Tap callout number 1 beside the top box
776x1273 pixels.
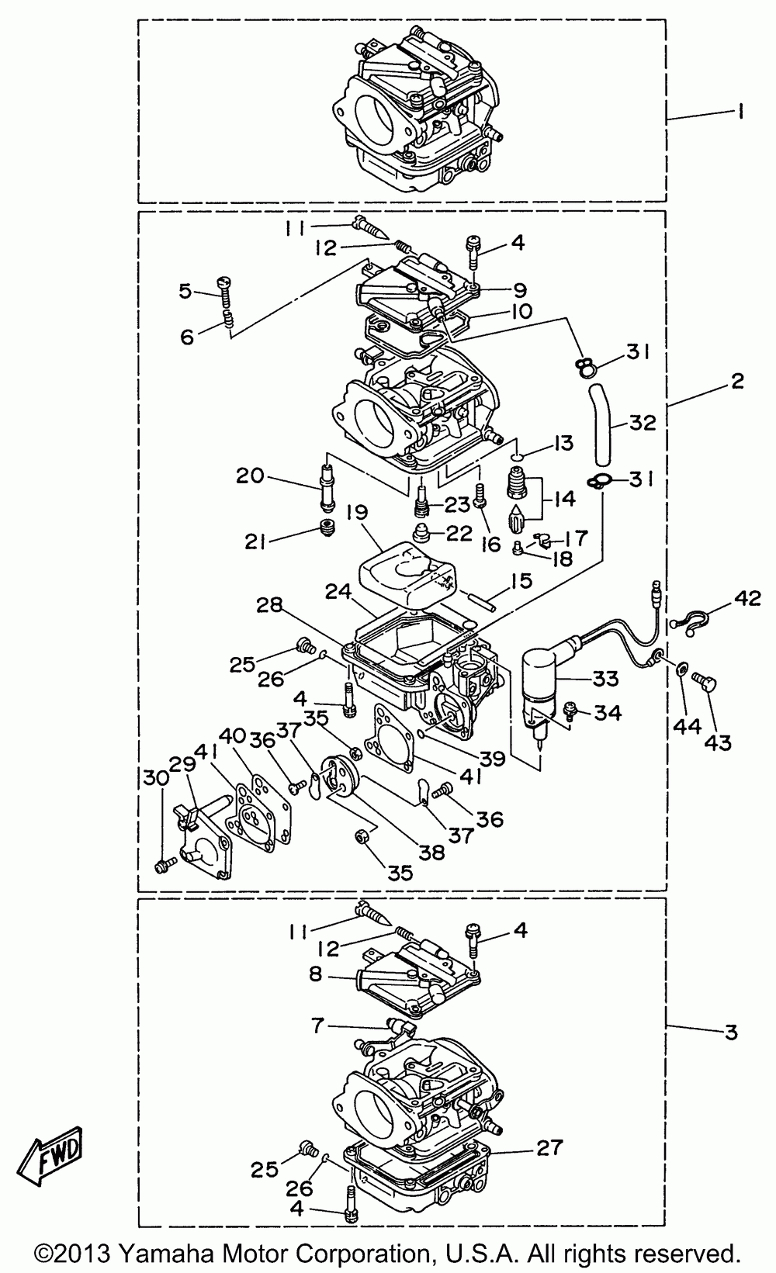[x=740, y=112]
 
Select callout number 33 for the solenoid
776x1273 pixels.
[x=606, y=678]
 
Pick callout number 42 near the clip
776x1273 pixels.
[x=747, y=598]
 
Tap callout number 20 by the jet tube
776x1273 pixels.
[x=251, y=476]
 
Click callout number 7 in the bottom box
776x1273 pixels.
[x=317, y=1025]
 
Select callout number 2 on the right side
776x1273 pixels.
[x=736, y=381]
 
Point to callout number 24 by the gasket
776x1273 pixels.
[x=339, y=593]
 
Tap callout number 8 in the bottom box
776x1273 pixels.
[x=316, y=974]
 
